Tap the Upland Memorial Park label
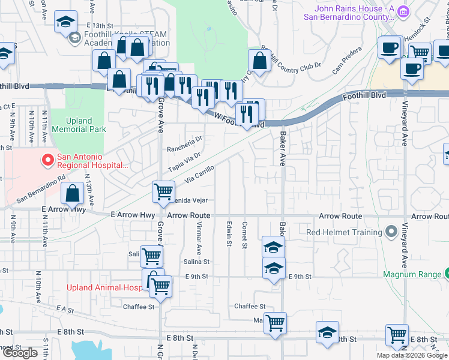(79, 125)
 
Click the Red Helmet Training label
(344, 232)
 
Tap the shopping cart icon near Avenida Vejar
(163, 192)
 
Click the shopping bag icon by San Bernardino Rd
(73, 194)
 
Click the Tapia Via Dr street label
(184, 161)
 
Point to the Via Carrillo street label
(200, 173)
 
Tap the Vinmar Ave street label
(199, 235)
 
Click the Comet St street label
(244, 234)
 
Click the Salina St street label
(197, 262)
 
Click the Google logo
(20, 353)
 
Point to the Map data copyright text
(412, 355)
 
